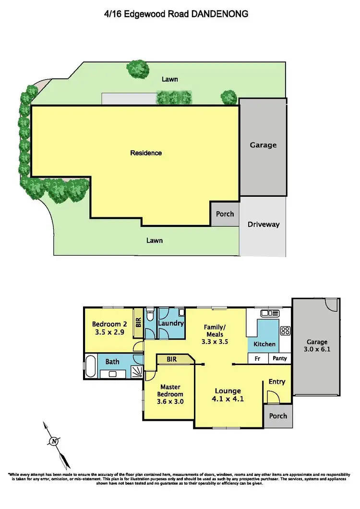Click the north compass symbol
[x=55, y=441]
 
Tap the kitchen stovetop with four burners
[x=285, y=330]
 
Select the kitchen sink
[x=270, y=313]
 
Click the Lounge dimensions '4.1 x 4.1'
[x=228, y=398]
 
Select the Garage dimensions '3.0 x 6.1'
[x=315, y=350]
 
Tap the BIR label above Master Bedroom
[x=172, y=358]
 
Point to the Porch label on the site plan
[x=225, y=214]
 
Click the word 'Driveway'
[x=263, y=224]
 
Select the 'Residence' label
[x=146, y=153]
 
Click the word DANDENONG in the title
[x=220, y=14]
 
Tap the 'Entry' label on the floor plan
[x=277, y=382]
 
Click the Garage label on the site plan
[x=263, y=145]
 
